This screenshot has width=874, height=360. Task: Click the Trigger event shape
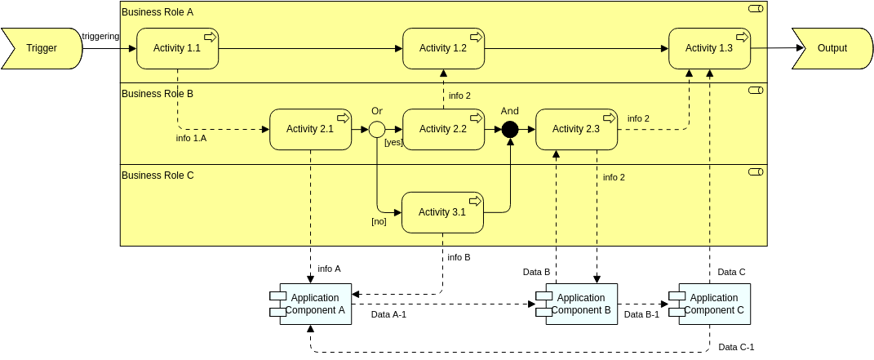click(x=42, y=48)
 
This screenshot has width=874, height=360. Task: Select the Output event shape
click(x=832, y=48)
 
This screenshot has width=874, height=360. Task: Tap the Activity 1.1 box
click(x=177, y=48)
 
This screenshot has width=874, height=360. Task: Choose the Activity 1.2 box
click(x=443, y=48)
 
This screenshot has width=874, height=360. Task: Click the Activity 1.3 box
click(x=709, y=48)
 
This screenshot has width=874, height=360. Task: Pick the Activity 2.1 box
click(x=310, y=129)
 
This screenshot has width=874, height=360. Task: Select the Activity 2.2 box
click(x=443, y=129)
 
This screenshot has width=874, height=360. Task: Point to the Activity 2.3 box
click(x=576, y=129)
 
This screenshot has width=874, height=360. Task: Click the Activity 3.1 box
click(x=442, y=212)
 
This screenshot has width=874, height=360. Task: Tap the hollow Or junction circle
click(x=377, y=129)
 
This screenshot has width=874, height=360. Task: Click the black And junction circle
click(x=510, y=129)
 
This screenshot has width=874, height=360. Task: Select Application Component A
click(x=315, y=304)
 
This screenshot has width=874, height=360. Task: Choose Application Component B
click(x=580, y=304)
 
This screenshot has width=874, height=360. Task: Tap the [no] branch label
click(x=379, y=221)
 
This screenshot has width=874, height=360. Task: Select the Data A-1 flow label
click(x=388, y=313)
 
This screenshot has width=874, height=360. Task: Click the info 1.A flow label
click(x=191, y=138)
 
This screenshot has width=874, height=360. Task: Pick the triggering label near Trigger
click(x=100, y=36)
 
